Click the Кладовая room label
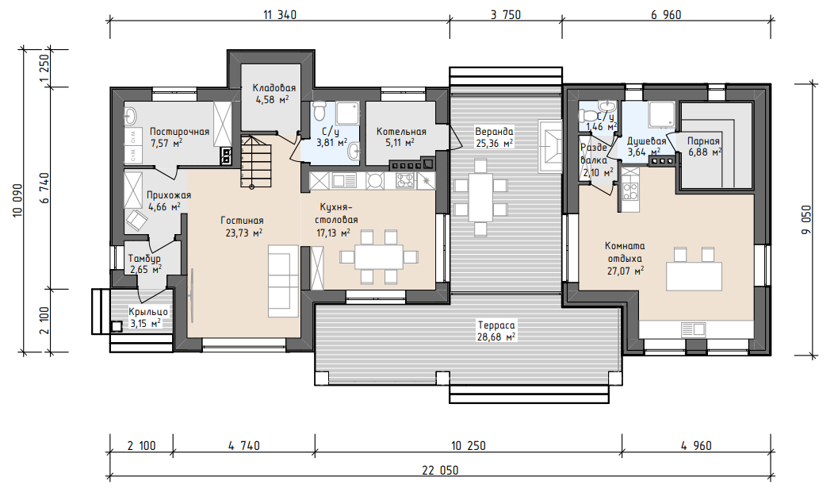coord(274,93)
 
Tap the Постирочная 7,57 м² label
coord(179,137)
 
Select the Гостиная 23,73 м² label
coord(242,226)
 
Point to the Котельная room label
coord(401,137)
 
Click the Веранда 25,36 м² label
coord(495,137)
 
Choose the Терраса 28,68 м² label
coord(496,331)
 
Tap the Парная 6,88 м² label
coord(704,146)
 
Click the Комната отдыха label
coord(625,258)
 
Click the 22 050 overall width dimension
coord(440,471)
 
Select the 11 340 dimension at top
coord(280,15)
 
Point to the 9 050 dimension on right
coord(806,219)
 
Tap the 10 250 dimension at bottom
coord(469,445)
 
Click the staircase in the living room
coord(256,161)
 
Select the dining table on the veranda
coord(480,198)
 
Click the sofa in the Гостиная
coord(283,282)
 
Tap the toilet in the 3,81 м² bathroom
coord(319,110)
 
